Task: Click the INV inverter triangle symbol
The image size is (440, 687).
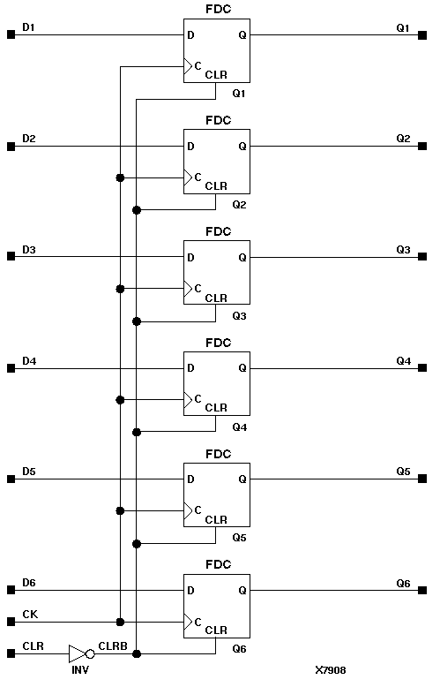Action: click(x=77, y=653)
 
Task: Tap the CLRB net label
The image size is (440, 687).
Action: click(x=112, y=645)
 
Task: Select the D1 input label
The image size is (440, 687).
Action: click(x=29, y=28)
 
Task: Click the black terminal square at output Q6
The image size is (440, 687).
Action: click(x=424, y=591)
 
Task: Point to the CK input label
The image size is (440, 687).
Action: click(x=29, y=613)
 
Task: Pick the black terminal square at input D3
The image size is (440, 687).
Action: click(x=11, y=257)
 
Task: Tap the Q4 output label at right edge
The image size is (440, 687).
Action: click(x=403, y=361)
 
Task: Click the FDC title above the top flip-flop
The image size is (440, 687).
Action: click(x=217, y=9)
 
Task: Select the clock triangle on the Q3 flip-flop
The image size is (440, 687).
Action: click(x=187, y=288)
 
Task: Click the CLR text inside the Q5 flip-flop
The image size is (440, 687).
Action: click(x=216, y=519)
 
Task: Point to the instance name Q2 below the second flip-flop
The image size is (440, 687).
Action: click(x=239, y=205)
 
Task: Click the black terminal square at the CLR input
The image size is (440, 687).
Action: click(x=11, y=653)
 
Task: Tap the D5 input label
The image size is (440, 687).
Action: click(x=29, y=472)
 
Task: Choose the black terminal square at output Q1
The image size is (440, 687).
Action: click(x=424, y=35)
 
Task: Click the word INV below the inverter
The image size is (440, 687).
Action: click(x=79, y=670)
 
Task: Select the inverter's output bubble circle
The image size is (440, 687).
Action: click(x=91, y=653)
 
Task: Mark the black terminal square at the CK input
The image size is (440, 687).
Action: click(x=11, y=622)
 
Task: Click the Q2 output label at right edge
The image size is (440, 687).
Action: click(x=403, y=139)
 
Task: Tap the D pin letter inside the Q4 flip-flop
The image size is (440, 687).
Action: click(x=190, y=368)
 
